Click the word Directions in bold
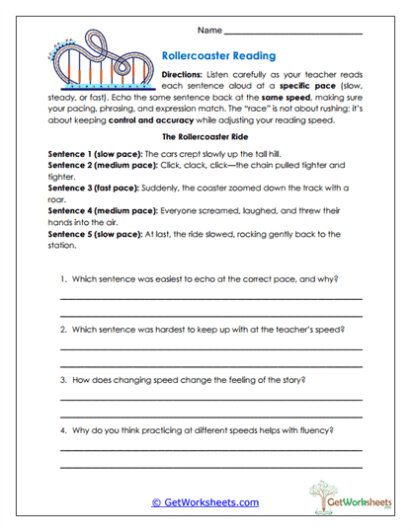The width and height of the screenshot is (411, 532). click(x=182, y=75)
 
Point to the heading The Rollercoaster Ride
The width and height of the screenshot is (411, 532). click(x=205, y=139)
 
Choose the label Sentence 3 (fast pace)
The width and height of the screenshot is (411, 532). click(x=94, y=188)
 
